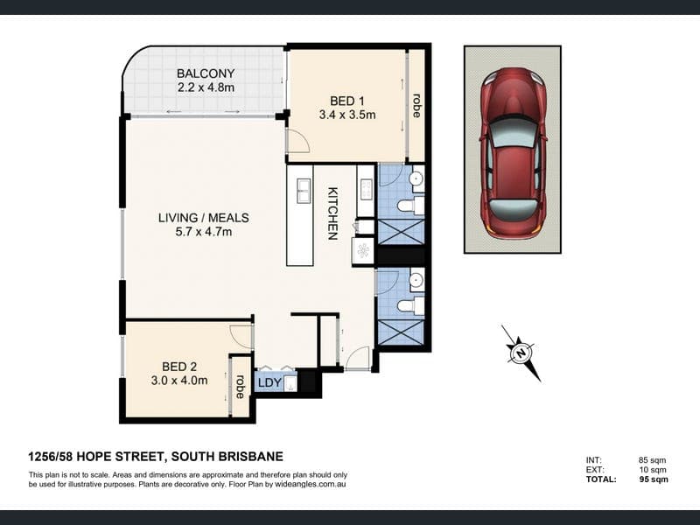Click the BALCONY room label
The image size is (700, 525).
coord(206,73)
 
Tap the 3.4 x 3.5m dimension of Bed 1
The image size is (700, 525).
coord(347,115)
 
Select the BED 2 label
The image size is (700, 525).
coord(179,367)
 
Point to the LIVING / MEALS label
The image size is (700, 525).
coord(204,218)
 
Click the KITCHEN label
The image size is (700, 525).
coord(333,213)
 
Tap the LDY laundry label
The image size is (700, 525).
coord(269,382)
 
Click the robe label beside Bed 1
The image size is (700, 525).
coord(416,105)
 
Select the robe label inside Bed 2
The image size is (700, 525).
coord(241,387)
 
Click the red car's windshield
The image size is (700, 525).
coord(513,133)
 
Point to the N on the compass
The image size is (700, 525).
coord(521,353)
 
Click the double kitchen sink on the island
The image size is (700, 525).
coord(304,191)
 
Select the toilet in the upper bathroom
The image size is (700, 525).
coord(409,206)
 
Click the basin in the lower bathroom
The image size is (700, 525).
coord(416,280)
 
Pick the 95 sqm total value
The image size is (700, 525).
coord(654,479)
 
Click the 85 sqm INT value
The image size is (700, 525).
coord(652,460)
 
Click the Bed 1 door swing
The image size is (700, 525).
coord(297,141)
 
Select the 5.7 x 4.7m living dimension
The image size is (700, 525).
coord(204,232)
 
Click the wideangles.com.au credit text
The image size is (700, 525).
coord(311,484)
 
